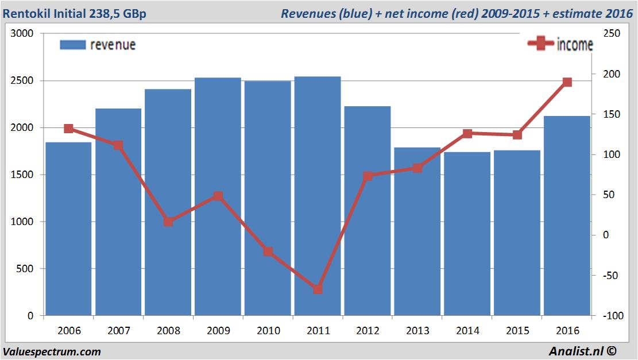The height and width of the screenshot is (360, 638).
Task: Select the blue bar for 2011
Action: [318, 196]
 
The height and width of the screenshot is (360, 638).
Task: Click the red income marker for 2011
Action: [318, 289]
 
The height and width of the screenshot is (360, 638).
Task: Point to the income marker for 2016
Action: [567, 82]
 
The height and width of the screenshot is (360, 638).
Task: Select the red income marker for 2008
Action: [168, 222]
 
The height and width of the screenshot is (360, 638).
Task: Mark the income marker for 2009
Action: [218, 196]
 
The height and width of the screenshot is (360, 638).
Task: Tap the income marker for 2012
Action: [368, 176]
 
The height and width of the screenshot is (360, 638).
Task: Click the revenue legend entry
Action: [98, 45]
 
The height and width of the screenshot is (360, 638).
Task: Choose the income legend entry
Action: [560, 44]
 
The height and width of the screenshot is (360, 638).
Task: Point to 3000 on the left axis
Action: [22, 34]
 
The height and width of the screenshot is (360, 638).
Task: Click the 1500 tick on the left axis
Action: [22, 175]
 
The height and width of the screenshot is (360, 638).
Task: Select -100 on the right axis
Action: [610, 316]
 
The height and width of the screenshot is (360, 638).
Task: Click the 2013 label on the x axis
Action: [417, 331]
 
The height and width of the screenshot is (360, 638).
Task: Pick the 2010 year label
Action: [268, 331]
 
